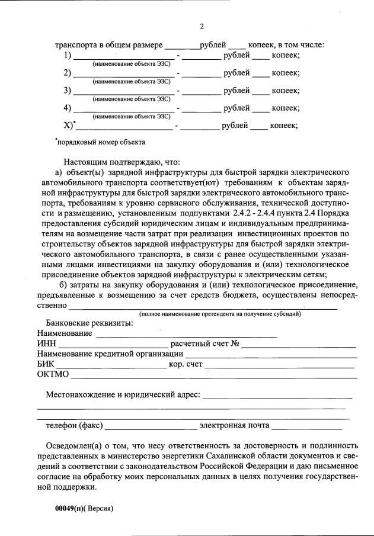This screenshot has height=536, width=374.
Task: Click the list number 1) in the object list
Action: pyautogui.click(x=68, y=56)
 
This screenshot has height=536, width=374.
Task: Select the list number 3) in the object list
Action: pyautogui.click(x=68, y=91)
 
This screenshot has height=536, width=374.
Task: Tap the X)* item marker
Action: pyautogui.click(x=69, y=125)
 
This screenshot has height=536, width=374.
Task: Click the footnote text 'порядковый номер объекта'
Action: pyautogui.click(x=100, y=142)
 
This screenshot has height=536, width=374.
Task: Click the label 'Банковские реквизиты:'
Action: pyautogui.click(x=89, y=323)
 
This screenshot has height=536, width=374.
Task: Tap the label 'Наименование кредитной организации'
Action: pyautogui.click(x=109, y=354)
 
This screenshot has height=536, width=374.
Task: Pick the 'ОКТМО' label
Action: pyautogui.click(x=53, y=374)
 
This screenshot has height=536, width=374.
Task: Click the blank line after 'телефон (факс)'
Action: pyautogui.click(x=151, y=425)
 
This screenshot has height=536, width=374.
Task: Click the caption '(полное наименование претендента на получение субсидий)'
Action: pyautogui.click(x=220, y=314)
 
